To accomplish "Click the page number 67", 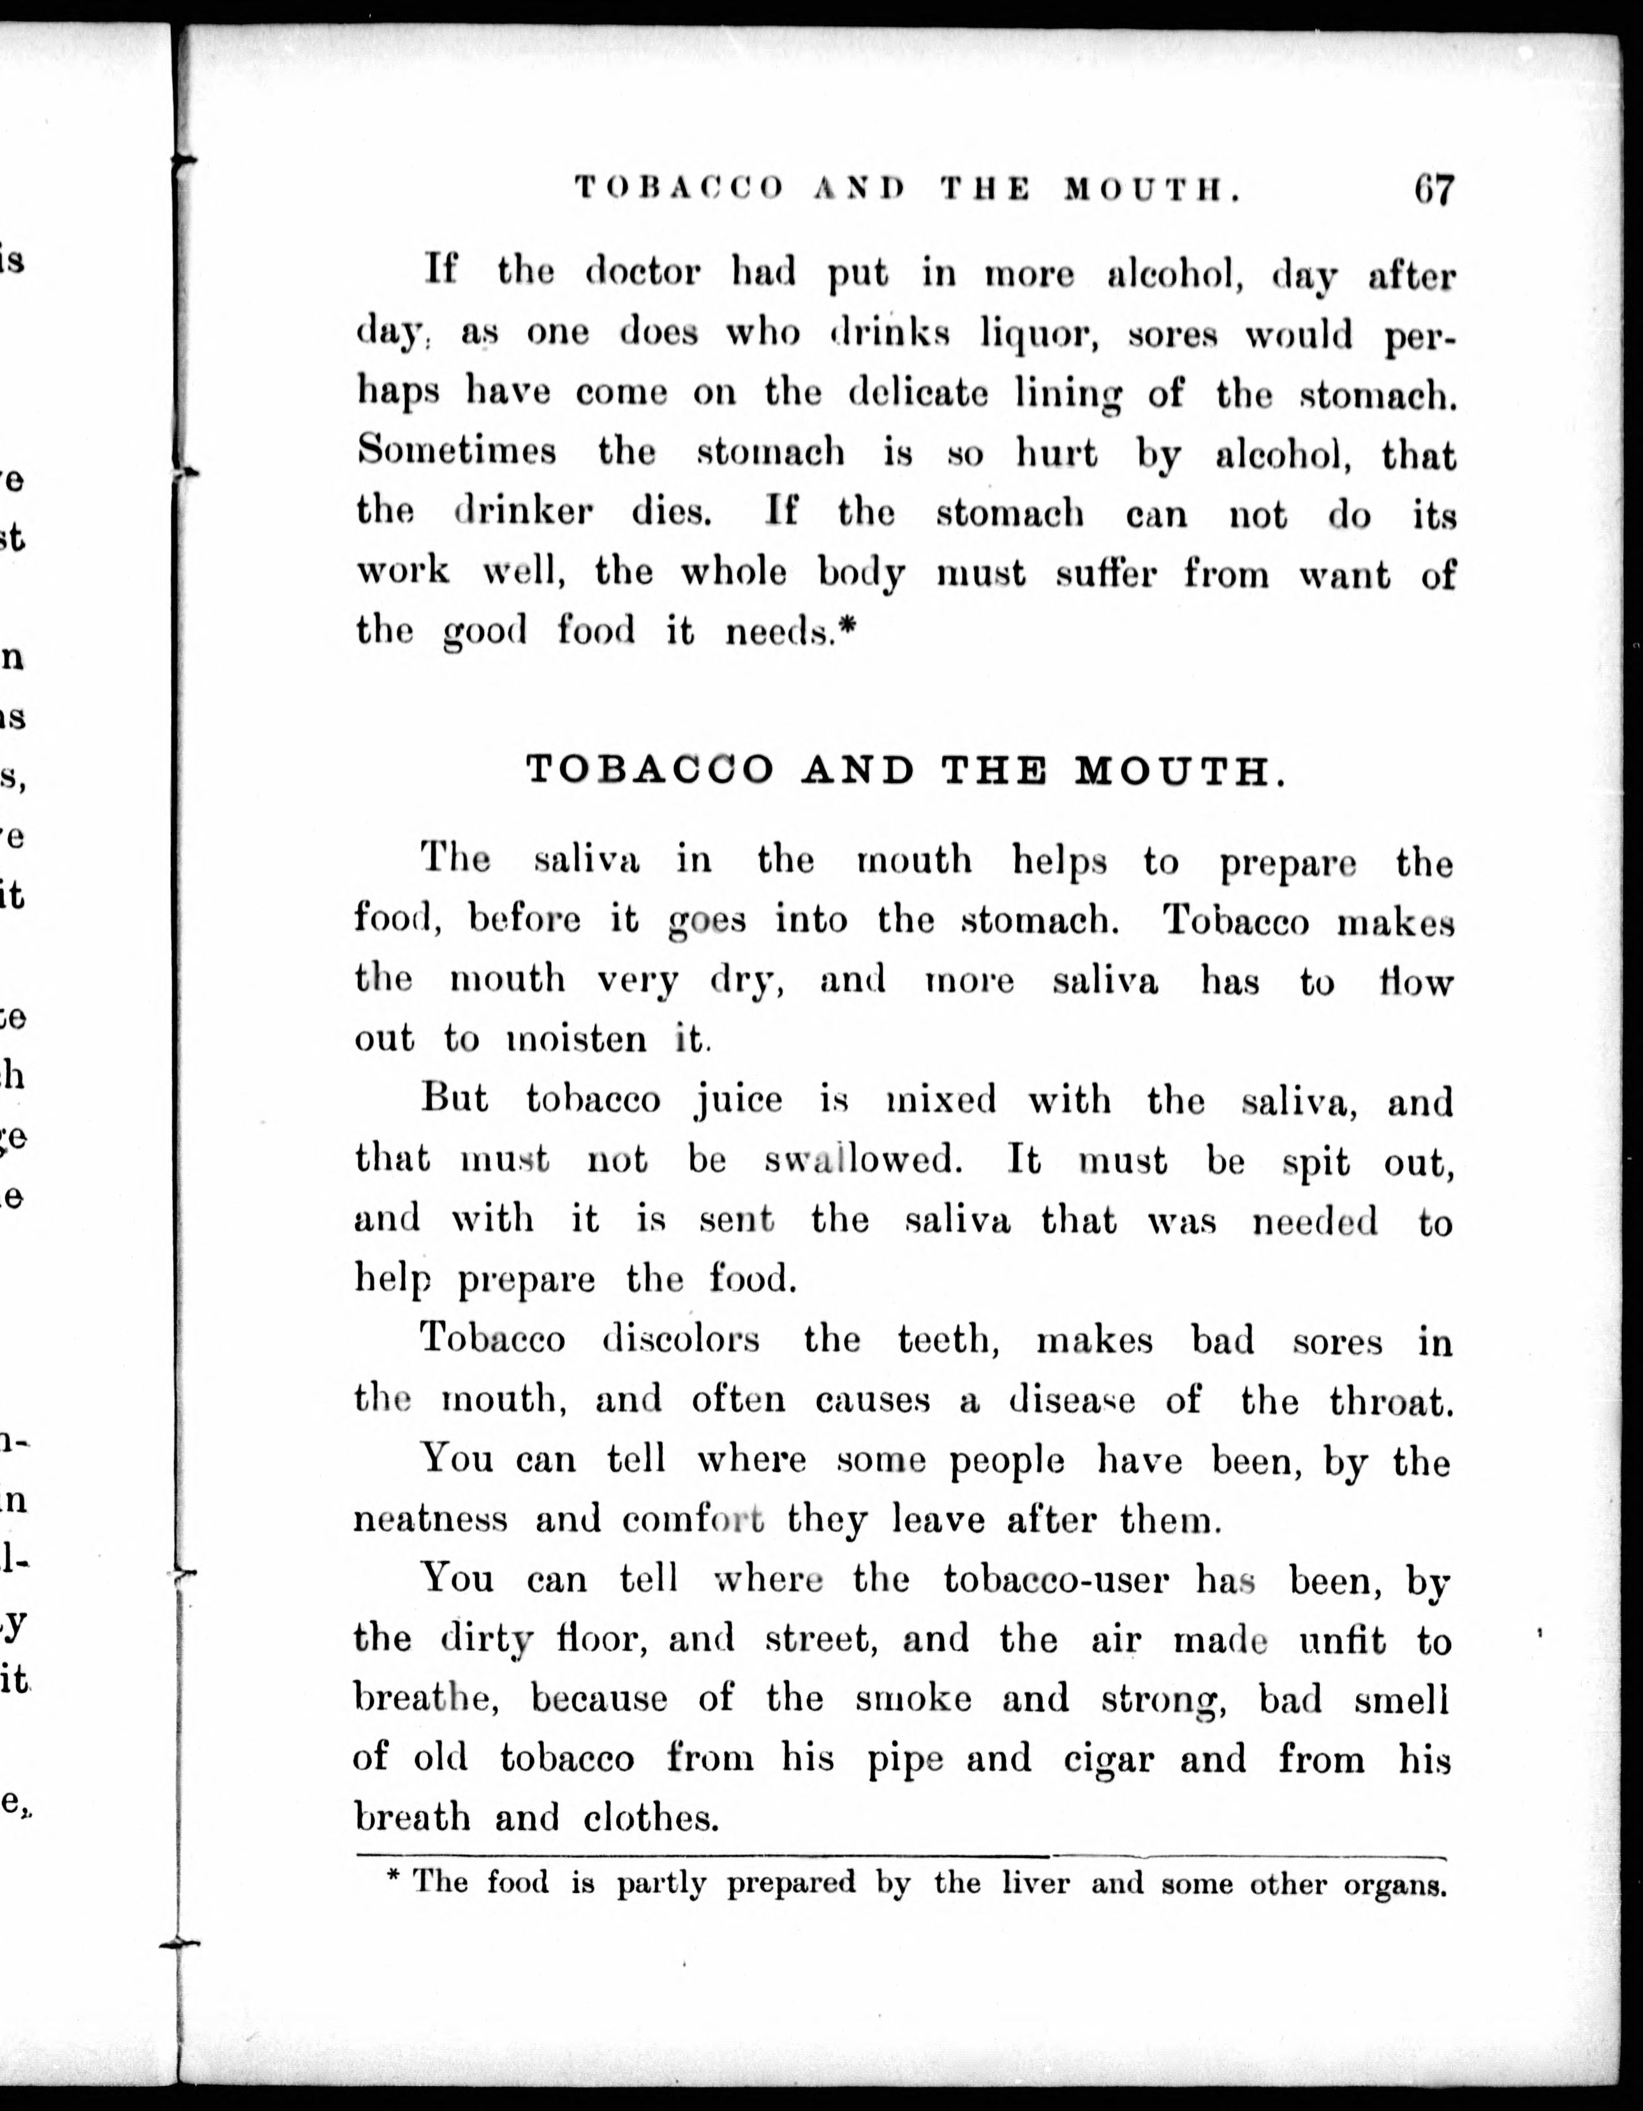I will click(x=1433, y=189).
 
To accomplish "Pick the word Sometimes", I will click(x=457, y=451).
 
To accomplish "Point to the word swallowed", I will click(x=862, y=1160).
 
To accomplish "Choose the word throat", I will click(x=1390, y=1400).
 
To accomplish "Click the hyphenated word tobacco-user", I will click(x=1056, y=1579).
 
